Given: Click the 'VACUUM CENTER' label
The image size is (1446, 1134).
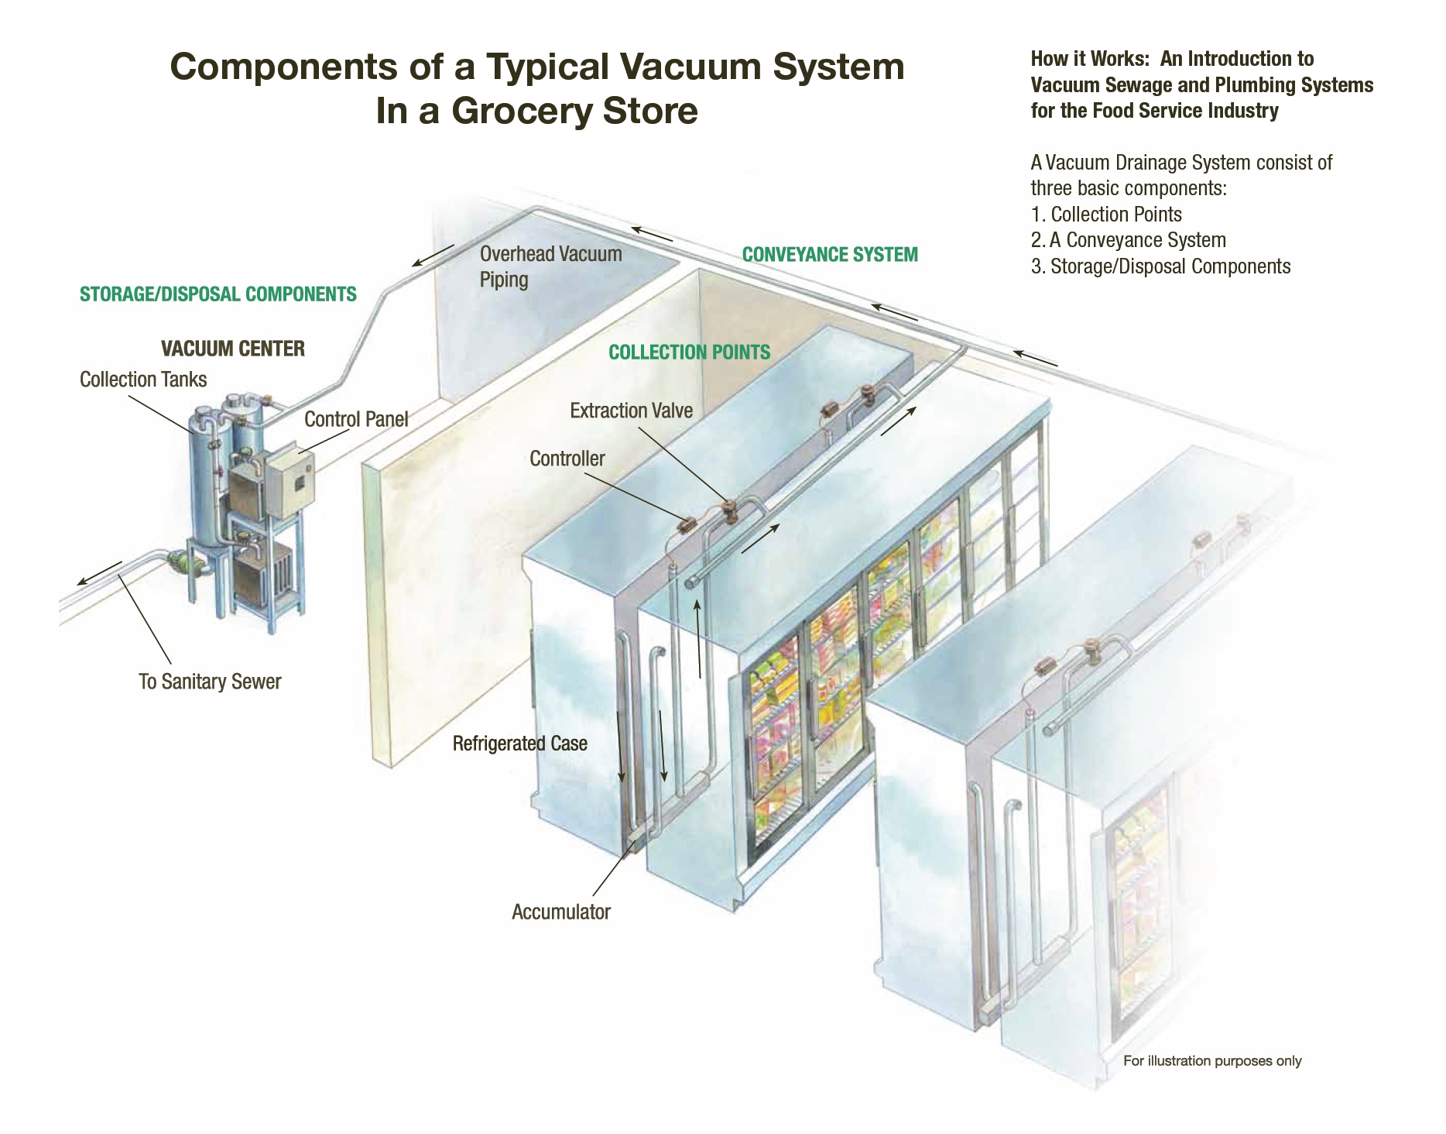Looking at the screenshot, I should pyautogui.click(x=232, y=349).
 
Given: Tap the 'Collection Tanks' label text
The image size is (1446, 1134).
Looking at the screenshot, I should pyautogui.click(x=143, y=380).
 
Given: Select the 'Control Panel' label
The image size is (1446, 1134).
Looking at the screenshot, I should pyautogui.click(x=356, y=419).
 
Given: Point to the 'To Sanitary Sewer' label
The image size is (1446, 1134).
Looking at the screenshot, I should pyautogui.click(x=210, y=682).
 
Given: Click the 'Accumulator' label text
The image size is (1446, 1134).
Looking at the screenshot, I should pyautogui.click(x=561, y=912).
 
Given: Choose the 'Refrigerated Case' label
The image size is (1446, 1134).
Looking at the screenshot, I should pyautogui.click(x=520, y=744).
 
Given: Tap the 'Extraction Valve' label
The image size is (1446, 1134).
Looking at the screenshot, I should pyautogui.click(x=631, y=411).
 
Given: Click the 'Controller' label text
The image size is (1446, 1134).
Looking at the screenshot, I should pyautogui.click(x=567, y=459).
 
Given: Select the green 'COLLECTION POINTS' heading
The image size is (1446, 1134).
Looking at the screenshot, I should pyautogui.click(x=689, y=352).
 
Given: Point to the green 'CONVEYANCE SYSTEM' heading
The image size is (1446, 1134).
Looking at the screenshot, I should pyautogui.click(x=830, y=255).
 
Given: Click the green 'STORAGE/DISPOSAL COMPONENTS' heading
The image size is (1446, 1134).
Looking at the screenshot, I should pyautogui.click(x=218, y=294).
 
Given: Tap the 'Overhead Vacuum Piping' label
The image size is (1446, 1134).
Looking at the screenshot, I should pyautogui.click(x=550, y=266).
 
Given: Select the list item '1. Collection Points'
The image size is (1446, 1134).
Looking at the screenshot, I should pyautogui.click(x=1106, y=215).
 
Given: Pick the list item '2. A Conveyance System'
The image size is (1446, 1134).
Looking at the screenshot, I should pyautogui.click(x=1128, y=240).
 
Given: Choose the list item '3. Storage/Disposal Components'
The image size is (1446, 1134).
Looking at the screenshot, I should pyautogui.click(x=1160, y=266).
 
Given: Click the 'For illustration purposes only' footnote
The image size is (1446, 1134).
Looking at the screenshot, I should pyautogui.click(x=1212, y=1061).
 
